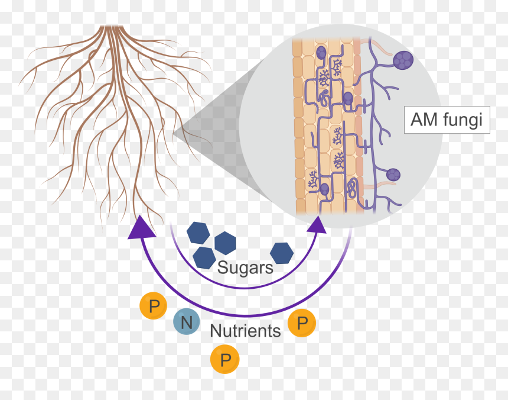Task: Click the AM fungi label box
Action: tap(447, 120)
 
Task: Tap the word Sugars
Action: tap(245, 268)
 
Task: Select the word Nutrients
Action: tap(245, 331)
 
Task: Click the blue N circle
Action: tap(186, 321)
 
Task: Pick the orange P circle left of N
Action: tap(153, 305)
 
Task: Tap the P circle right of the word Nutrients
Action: tap(302, 323)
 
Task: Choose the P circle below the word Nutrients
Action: tap(225, 359)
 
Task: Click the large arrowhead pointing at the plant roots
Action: tap(141, 227)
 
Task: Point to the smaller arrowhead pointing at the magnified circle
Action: tap(317, 225)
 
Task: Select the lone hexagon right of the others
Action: tap(282, 253)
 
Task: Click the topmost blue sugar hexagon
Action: tap(198, 233)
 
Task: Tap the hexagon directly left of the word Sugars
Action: tap(204, 258)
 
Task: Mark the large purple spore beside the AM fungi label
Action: tap(403, 60)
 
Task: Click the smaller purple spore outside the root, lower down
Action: tap(393, 175)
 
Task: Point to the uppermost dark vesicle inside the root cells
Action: tap(321, 52)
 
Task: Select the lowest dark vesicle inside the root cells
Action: tap(324, 189)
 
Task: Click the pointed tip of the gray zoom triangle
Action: tap(174, 133)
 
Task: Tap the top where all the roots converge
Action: tap(111, 27)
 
